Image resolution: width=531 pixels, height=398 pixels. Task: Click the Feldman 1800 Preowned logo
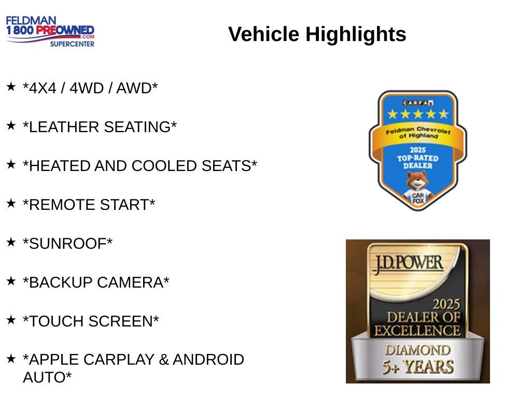(x=50, y=32)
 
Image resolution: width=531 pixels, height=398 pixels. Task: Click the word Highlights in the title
(x=356, y=35)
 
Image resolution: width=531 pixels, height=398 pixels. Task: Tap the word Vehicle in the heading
(x=263, y=35)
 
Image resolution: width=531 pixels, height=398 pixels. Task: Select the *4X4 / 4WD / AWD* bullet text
(x=90, y=89)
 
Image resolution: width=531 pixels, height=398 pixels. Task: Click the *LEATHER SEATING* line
(x=100, y=127)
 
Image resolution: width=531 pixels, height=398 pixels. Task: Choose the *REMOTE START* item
(x=89, y=205)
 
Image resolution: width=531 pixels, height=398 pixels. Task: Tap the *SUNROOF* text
(x=67, y=244)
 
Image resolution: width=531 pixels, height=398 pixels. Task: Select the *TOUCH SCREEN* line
(x=91, y=322)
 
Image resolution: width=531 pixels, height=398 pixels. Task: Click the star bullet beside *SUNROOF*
(x=11, y=242)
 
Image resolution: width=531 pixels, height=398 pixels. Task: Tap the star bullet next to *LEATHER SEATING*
(x=11, y=125)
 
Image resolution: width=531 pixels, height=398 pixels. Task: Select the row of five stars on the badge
(x=417, y=114)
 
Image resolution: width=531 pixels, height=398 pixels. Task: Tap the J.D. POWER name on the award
(x=407, y=263)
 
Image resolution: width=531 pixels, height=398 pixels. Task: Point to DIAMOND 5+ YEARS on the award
(x=417, y=359)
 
